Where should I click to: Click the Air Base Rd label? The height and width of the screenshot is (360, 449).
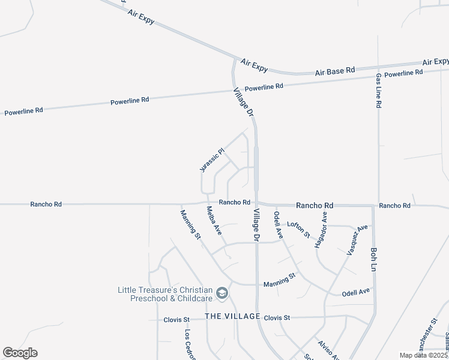(335, 71)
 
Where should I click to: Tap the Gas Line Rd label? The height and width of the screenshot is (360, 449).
(379, 91)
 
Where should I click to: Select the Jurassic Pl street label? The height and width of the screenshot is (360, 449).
(211, 160)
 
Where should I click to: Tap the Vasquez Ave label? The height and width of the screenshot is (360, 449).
(357, 240)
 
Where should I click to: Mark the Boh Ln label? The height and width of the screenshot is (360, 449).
(374, 257)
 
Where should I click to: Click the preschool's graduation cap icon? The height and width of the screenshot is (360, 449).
(222, 293)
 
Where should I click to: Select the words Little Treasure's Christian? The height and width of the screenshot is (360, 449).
(164, 290)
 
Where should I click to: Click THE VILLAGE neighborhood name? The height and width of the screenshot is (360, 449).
(232, 316)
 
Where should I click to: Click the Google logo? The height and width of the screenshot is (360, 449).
(20, 353)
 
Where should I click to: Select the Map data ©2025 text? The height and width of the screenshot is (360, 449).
(424, 355)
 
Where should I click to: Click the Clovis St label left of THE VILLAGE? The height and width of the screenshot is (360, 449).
(176, 320)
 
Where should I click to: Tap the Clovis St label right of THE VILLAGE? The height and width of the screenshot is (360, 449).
(277, 317)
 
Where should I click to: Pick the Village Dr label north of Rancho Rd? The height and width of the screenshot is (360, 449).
(244, 106)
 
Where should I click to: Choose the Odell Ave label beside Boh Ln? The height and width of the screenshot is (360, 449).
(356, 292)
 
